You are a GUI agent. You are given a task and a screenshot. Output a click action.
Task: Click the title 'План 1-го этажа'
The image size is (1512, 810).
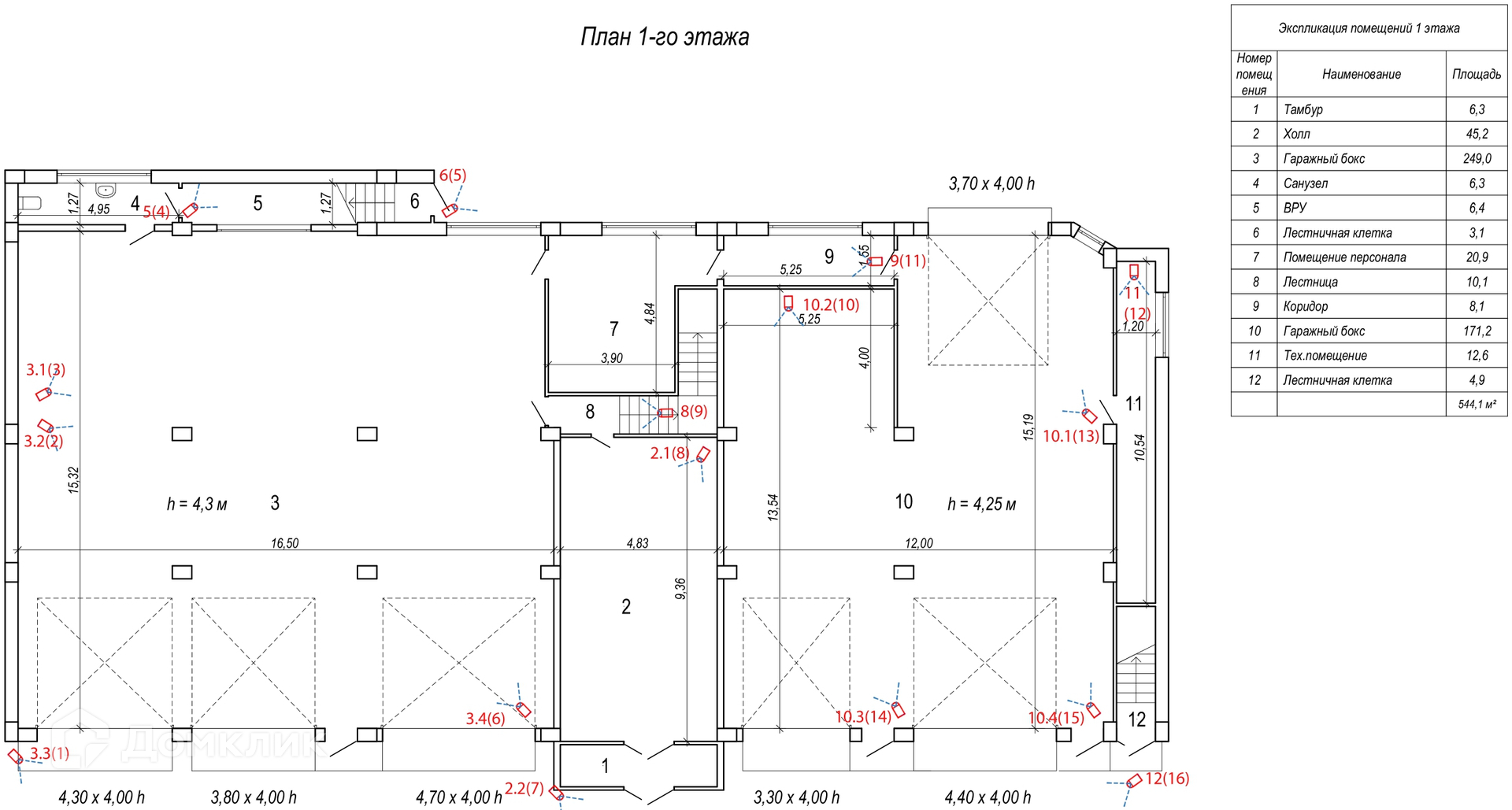(665, 37)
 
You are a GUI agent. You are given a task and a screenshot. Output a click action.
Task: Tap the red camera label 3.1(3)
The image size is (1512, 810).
(46, 369)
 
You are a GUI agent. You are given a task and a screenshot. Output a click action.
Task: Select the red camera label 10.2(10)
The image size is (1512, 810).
(831, 305)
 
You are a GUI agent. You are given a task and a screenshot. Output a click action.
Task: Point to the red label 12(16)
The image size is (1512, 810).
(1167, 779)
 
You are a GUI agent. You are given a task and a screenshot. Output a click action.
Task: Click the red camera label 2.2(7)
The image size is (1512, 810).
(524, 788)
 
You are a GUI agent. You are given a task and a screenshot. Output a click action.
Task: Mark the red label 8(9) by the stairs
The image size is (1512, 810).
(694, 411)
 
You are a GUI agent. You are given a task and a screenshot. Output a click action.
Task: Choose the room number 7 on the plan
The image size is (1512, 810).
(614, 328)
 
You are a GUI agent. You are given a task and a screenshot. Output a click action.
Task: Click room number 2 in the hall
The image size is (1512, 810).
(626, 606)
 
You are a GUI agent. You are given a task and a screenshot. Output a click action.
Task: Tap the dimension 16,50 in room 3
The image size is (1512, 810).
(284, 543)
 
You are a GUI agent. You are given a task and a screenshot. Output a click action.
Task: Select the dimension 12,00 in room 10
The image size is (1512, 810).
(919, 543)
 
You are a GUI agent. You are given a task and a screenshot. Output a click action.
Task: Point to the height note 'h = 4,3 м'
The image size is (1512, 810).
(197, 504)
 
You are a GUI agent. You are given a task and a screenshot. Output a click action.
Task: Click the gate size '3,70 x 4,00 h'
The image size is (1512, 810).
(991, 183)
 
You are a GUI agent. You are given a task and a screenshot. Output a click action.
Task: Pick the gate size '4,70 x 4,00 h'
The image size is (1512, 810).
(459, 797)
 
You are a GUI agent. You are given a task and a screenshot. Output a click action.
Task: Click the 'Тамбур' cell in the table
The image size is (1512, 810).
(1303, 109)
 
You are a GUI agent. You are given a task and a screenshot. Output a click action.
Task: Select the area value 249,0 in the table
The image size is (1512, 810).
(1477, 158)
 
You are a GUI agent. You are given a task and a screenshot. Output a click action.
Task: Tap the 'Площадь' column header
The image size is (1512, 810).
(1477, 74)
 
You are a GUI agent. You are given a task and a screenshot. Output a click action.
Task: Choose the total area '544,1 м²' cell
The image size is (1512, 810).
(1477, 405)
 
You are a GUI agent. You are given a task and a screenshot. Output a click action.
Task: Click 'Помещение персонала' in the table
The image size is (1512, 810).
(1344, 257)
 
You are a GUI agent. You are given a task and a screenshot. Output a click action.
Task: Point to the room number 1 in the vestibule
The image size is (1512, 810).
(605, 765)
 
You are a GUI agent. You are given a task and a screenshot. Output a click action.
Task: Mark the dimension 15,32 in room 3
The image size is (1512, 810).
(74, 480)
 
